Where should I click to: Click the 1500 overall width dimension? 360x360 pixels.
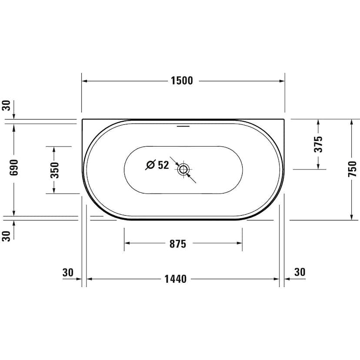(182, 81)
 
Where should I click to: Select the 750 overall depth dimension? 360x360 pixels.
(352, 169)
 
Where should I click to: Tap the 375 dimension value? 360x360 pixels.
(318, 144)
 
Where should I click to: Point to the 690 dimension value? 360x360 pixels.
(14, 167)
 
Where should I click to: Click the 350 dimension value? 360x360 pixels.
(55, 170)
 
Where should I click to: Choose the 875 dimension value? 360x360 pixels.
(178, 244)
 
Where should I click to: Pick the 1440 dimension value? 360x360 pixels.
(176, 279)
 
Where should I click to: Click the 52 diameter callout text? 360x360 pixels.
(163, 165)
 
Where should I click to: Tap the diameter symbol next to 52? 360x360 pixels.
(150, 165)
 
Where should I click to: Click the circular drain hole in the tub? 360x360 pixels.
(183, 170)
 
